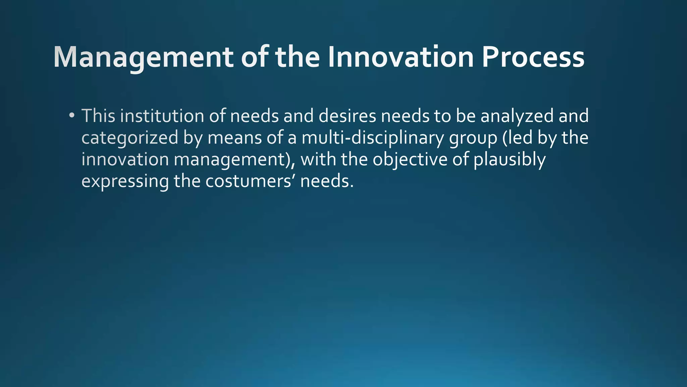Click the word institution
tap(162, 116)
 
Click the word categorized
tap(130, 138)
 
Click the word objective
tap(410, 160)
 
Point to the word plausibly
tap(510, 160)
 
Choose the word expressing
tap(125, 182)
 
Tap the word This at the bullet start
tap(98, 116)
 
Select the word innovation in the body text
tap(125, 160)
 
